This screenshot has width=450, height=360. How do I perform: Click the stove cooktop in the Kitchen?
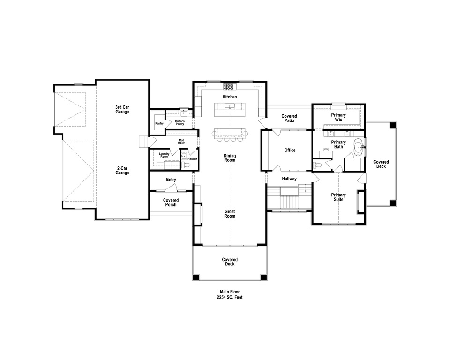coord(228,86)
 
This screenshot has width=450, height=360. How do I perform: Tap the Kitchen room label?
coord(230,97)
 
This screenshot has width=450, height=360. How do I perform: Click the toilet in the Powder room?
coord(187,165)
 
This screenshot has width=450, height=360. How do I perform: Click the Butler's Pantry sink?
coord(185,113)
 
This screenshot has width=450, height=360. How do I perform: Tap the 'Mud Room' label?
coord(181,142)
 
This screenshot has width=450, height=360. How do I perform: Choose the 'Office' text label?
coord(290,150)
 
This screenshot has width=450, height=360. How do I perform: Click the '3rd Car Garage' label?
coord(122,109)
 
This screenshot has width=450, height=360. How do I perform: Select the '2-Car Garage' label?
coord(122,170)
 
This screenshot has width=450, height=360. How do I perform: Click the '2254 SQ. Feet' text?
coord(230,297)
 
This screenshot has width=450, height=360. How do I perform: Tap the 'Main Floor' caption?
coord(230,291)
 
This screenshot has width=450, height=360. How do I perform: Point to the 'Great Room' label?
coord(230,214)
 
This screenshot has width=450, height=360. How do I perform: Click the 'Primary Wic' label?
coord(338,117)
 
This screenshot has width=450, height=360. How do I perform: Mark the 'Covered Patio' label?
coord(289,118)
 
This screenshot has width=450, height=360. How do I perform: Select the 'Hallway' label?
coord(289,179)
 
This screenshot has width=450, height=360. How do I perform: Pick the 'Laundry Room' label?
coord(164,155)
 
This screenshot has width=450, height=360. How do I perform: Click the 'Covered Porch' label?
coord(171,202)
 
